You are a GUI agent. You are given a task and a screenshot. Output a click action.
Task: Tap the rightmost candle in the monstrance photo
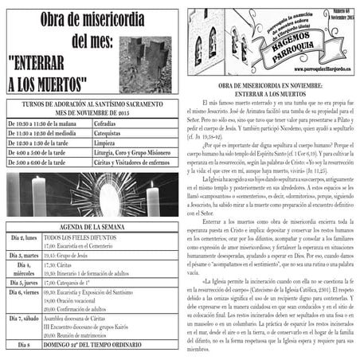pyautogui.click(x=152, y=199)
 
